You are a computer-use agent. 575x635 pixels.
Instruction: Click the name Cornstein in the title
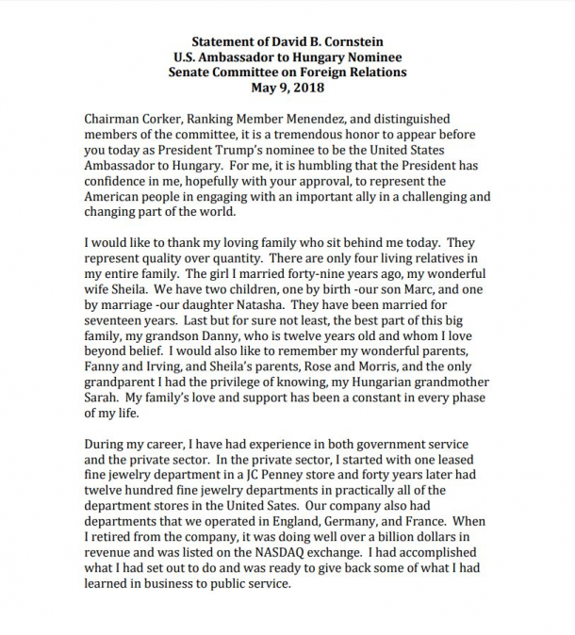pos(349,41)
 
